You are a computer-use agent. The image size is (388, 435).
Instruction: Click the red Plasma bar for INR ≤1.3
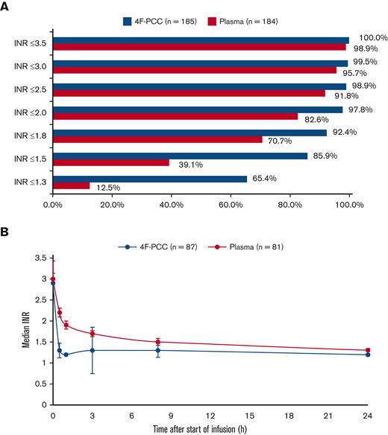pyautogui.click(x=71, y=185)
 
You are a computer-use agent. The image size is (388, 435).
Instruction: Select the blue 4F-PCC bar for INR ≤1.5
pyautogui.click(x=179, y=155)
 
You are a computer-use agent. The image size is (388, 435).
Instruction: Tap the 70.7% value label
pyautogui.click(x=280, y=140)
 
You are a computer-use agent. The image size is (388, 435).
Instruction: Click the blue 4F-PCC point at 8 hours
pyautogui.click(x=157, y=350)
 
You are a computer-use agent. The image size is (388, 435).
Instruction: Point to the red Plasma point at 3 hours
pyautogui.click(x=92, y=333)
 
